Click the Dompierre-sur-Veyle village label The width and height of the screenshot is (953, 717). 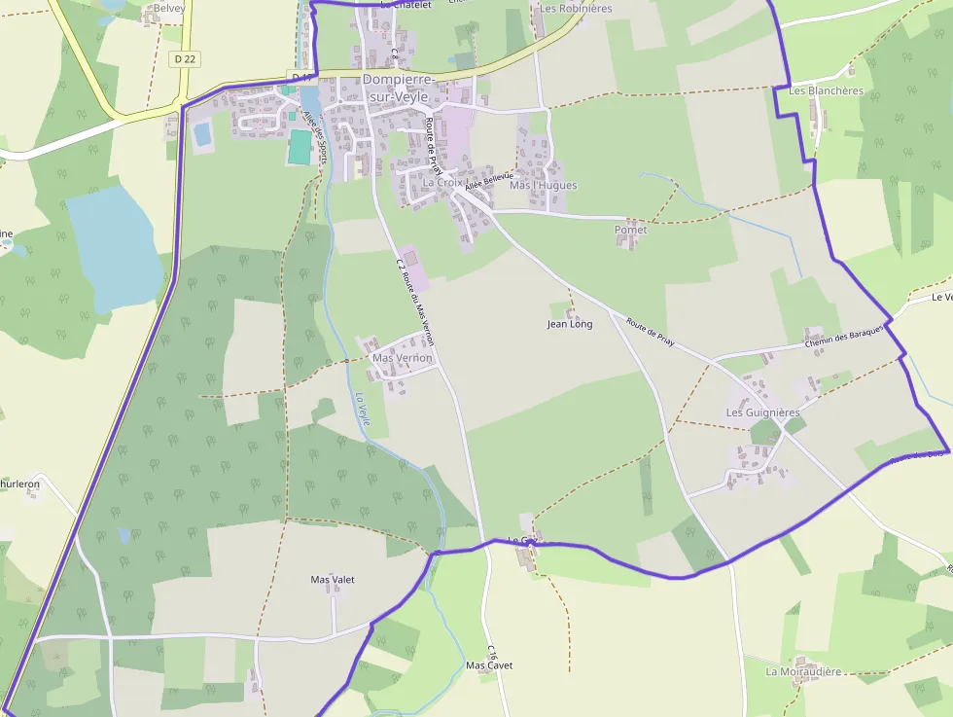coord(400,88)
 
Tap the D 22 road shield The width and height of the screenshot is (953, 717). coord(185,59)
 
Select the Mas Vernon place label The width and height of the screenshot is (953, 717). coord(402,358)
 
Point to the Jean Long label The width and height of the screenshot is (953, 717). coord(570,324)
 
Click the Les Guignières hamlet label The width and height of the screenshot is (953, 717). coord(762,412)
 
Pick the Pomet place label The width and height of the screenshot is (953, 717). coord(630,231)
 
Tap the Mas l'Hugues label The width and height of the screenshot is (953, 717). coord(543,186)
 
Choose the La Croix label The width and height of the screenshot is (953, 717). coord(442,182)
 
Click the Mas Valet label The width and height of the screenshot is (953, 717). coord(333,580)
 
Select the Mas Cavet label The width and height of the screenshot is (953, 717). coord(489,665)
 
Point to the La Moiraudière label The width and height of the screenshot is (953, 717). coord(803,671)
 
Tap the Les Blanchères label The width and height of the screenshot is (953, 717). coord(826,91)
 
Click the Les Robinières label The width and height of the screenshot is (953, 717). coord(577,8)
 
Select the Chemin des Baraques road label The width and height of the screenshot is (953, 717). coord(844,337)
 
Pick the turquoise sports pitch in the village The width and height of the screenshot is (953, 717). coord(300,147)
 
